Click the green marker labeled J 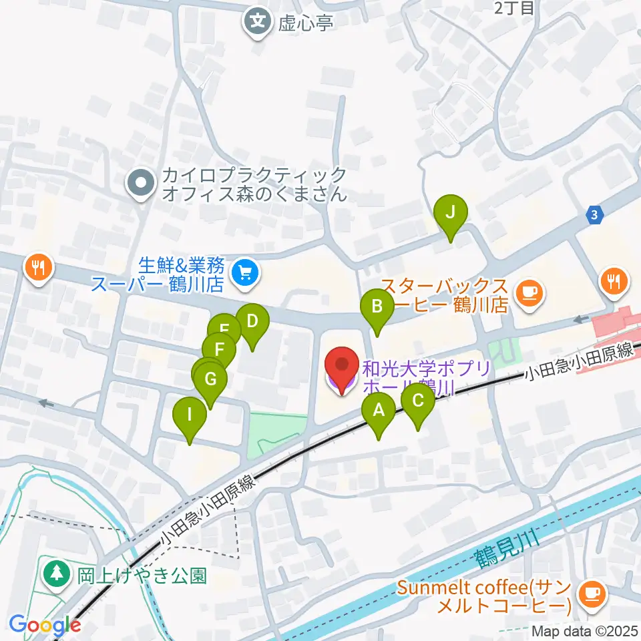(x=451, y=214)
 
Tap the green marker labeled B (x=377, y=307)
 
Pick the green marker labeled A (x=379, y=411)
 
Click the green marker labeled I (x=190, y=415)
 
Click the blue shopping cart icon (x=244, y=272)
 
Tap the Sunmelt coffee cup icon (x=590, y=591)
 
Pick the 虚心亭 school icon (x=257, y=22)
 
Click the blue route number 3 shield (x=595, y=214)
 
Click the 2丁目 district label (x=514, y=8)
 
